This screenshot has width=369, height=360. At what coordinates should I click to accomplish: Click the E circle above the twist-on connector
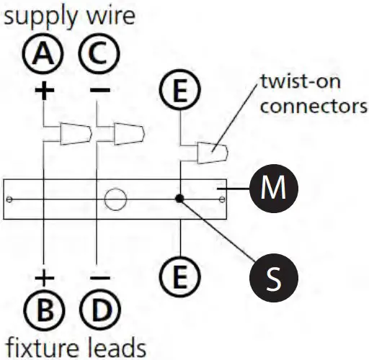click(x=179, y=91)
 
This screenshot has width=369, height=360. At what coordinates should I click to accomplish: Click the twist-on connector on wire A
click(x=76, y=133)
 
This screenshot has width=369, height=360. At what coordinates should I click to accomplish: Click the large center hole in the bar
click(x=114, y=197)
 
